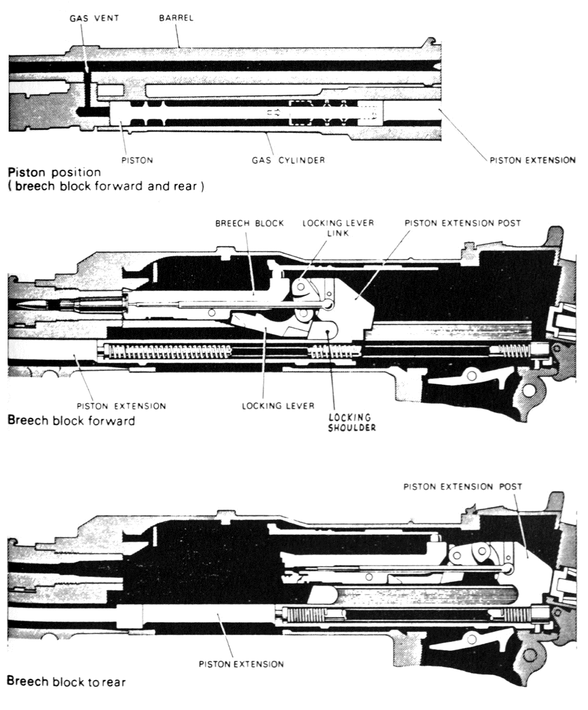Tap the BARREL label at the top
pos(176,18)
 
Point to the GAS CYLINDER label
pos(288,160)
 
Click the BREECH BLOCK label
pos(249,223)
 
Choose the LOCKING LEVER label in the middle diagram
pos(278,406)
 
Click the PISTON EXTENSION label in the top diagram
pos(532,160)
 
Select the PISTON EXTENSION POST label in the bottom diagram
pos(463,487)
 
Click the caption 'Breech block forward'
pos(71,420)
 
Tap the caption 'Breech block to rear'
pos(66,682)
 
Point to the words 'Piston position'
pos(54,172)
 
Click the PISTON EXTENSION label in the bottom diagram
pos(241,664)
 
